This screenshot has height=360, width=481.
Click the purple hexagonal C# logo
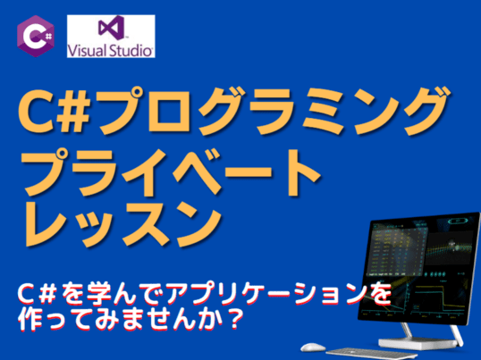(36, 36)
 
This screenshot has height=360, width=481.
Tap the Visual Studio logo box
(111, 36)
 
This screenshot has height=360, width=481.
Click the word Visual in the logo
(88, 50)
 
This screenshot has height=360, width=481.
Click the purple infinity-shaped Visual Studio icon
(112, 28)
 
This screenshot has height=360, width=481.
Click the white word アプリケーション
(266, 293)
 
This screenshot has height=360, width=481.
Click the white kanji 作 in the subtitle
(30, 319)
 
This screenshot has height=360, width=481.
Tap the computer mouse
(313, 347)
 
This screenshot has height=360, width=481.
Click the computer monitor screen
(419, 269)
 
